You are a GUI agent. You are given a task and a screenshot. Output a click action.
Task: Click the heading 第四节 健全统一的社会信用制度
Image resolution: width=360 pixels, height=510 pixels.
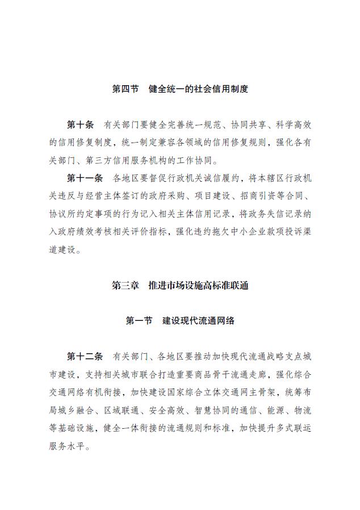tap(180, 89)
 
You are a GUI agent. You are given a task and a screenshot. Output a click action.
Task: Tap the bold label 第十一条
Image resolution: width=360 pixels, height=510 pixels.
tap(85, 178)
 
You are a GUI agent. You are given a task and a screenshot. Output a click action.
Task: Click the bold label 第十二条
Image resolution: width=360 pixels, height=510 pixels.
tap(85, 356)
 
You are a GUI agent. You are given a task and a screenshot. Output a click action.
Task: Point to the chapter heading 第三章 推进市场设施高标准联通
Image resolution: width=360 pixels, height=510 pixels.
tap(180, 286)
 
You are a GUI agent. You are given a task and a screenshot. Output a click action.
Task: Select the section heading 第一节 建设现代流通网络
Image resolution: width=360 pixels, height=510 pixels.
tap(180, 321)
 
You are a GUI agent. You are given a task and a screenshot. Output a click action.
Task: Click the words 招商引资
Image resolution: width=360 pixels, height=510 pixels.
tap(265, 196)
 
